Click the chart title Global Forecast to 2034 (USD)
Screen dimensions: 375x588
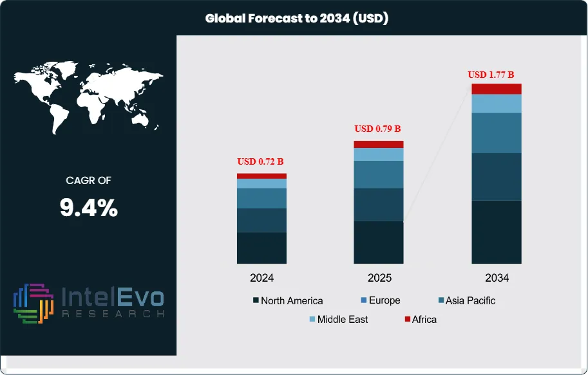[297, 19]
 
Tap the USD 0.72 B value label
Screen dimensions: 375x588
[260, 161]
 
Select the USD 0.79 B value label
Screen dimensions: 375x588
[377, 129]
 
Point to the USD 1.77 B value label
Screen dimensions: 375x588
[495, 75]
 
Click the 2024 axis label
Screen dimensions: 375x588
[261, 279]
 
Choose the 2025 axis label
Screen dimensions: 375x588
[379, 279]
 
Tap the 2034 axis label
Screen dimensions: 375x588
[497, 279]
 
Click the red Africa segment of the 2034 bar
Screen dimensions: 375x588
[497, 89]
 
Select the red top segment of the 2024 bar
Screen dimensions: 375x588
[261, 176]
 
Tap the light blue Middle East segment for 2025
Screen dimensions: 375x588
[379, 154]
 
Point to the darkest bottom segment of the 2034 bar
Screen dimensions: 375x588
[497, 232]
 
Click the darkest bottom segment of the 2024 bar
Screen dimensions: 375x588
[261, 248]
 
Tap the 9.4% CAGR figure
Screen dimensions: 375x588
[89, 208]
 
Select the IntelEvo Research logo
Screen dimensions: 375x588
[88, 302]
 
